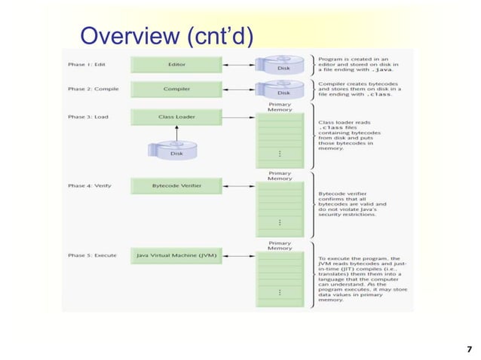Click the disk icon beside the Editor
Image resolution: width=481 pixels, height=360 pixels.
282,64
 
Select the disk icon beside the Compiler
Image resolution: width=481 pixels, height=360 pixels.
282,89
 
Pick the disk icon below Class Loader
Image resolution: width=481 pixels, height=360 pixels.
176,150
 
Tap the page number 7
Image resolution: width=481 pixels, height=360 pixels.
469,348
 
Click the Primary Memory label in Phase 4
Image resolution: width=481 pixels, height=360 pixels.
280,175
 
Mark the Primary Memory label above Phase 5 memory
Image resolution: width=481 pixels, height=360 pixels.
280,246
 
